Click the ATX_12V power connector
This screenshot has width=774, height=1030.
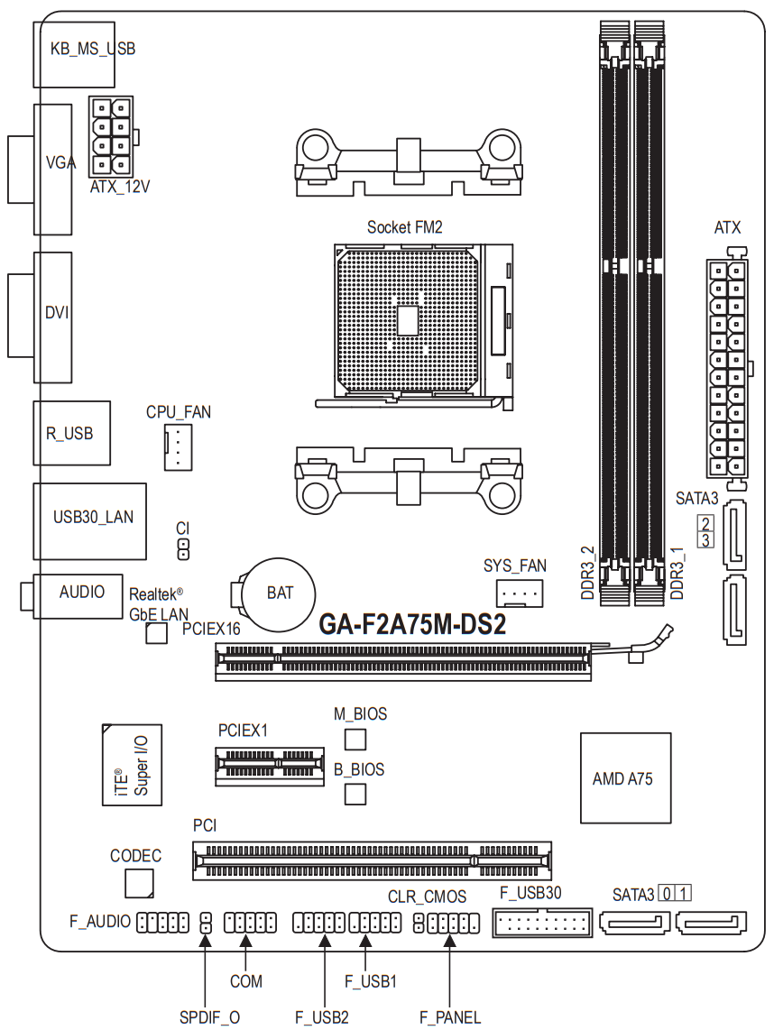113,136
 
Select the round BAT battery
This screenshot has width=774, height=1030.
278,593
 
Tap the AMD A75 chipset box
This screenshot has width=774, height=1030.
625,777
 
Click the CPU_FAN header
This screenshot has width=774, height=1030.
178,446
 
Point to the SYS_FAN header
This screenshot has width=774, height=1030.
520,593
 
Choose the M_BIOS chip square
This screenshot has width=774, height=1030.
355,739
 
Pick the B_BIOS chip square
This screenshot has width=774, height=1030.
355,795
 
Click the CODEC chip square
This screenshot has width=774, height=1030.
139,884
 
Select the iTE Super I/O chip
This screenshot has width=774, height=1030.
132,765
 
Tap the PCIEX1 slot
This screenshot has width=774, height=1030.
270,766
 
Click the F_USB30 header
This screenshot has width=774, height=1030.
542,923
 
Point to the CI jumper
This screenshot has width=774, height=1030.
183,549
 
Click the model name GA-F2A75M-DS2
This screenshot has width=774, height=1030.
412,624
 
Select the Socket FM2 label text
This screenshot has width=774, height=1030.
405,227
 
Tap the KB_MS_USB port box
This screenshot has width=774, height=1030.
74,54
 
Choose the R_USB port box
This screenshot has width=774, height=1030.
71,433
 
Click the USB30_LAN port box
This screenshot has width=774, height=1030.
90,521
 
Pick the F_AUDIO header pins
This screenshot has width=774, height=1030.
162,923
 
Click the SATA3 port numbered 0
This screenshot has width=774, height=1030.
634,924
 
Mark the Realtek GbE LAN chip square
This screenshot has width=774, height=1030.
156,633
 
